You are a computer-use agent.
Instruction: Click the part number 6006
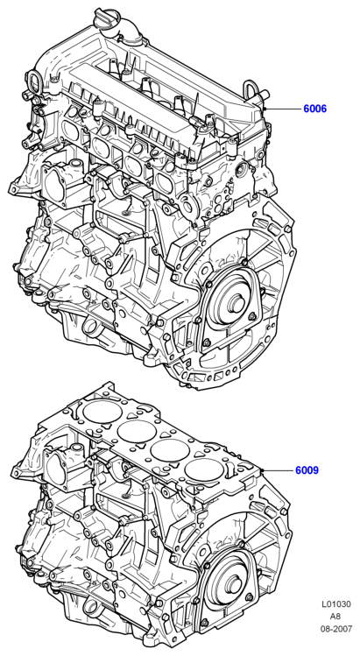pos(314,109)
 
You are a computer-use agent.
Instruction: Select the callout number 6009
pos(307,470)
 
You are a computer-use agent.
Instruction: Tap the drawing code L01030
pos(336,604)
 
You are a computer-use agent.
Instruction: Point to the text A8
pos(336,617)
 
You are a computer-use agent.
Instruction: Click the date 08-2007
pos(336,628)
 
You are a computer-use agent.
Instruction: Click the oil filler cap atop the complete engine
pos(106,18)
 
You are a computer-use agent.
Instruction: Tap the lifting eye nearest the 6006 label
pos(253,89)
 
